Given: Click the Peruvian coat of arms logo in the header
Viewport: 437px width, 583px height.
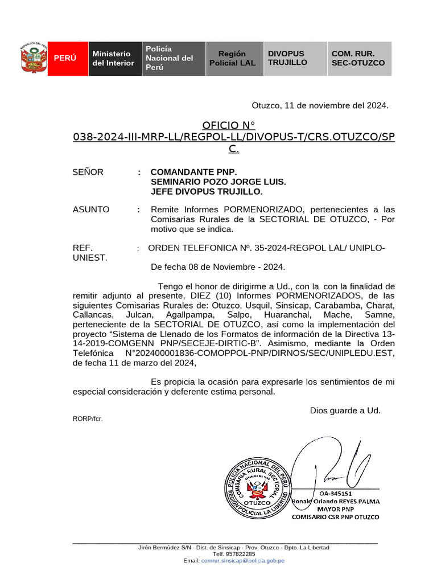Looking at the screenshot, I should pos(33,58).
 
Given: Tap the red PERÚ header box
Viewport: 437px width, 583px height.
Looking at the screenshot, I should pos(65,58).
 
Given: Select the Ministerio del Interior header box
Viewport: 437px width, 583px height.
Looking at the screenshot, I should pos(113,58).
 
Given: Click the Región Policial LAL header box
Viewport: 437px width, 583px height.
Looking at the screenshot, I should pos(232,58).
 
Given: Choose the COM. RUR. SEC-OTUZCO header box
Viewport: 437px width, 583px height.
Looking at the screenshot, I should pos(358,58).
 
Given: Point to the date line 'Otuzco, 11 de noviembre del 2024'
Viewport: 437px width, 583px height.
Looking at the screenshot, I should pos(320,105).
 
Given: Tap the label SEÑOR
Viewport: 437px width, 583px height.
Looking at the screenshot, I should pos(88,172).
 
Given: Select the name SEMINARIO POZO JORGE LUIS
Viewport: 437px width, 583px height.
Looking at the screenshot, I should pos(218,182).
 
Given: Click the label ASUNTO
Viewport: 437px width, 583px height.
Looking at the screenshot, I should pos(91,210).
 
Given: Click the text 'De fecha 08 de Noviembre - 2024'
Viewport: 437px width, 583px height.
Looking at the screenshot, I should pos(218,266).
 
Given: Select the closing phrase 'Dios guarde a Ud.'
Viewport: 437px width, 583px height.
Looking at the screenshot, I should pos(345,410).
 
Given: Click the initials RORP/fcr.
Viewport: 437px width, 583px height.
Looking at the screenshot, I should pos(88,419).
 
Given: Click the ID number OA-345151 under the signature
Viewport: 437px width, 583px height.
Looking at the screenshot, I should pos(335,493).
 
